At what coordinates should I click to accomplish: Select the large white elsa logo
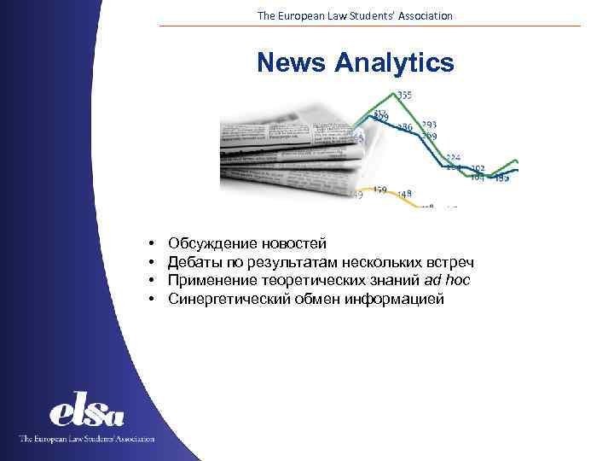(x=87, y=412)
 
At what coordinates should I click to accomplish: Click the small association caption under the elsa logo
(x=87, y=438)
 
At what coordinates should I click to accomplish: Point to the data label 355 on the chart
(x=404, y=95)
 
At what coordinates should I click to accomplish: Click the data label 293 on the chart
(x=429, y=125)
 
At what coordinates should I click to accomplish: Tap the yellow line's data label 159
(x=379, y=190)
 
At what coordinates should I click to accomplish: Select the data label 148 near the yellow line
(x=404, y=193)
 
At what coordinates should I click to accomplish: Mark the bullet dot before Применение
(x=149, y=281)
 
